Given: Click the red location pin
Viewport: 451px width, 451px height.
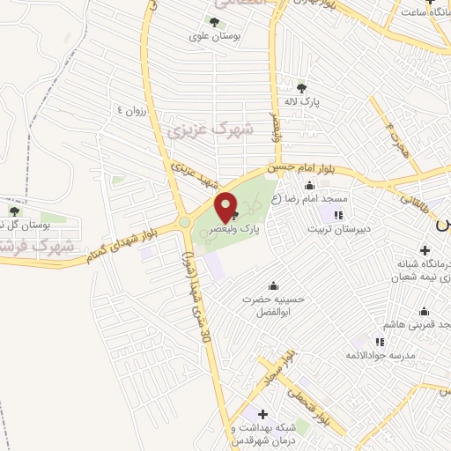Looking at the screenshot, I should point(226,206).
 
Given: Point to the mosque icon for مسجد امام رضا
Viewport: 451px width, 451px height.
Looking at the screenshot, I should point(308,185).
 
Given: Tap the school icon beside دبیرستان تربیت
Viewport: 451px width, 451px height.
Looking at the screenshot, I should point(337,214).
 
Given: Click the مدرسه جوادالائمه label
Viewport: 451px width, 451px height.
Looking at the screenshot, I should point(380,356).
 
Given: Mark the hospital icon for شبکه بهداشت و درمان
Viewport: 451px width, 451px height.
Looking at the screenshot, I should point(262,413).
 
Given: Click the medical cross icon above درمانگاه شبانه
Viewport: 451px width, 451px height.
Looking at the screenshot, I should point(425,250).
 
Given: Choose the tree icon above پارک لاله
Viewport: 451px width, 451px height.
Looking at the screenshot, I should point(303,87).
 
